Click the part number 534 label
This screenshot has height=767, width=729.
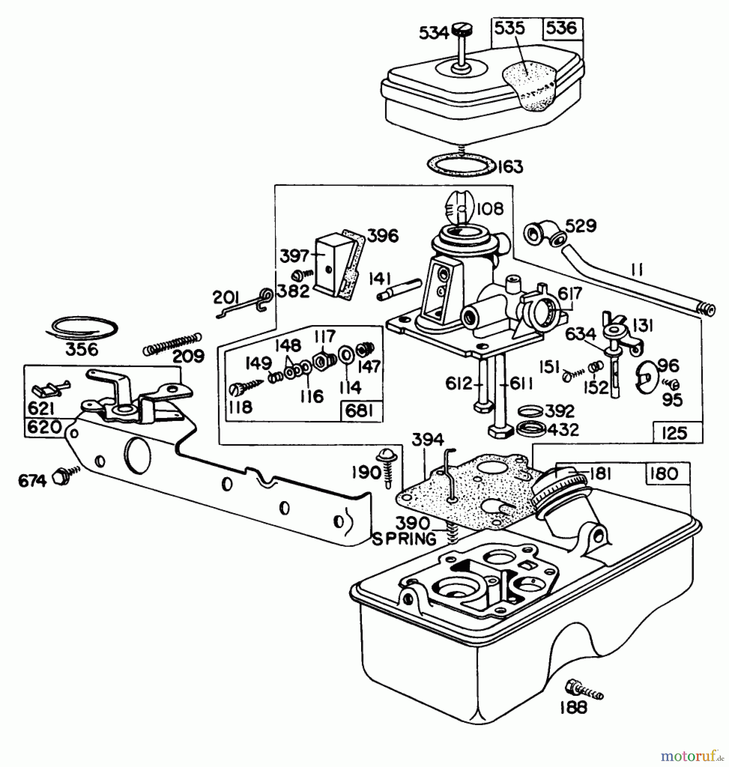pyautogui.click(x=433, y=33)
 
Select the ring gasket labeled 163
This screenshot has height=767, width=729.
pyautogui.click(x=461, y=164)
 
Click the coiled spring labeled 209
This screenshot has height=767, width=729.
pyautogui.click(x=171, y=344)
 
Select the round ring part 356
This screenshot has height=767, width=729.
pyautogui.click(x=82, y=328)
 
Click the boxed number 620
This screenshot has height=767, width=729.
pyautogui.click(x=44, y=427)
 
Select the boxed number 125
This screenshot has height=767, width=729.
pyautogui.click(x=675, y=433)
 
